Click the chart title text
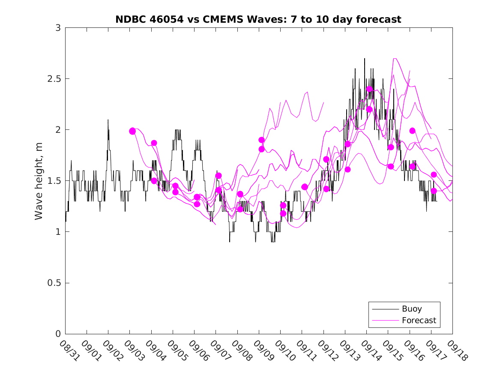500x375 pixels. (258, 19)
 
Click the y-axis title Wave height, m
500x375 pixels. (39, 180)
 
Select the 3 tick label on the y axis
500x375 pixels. (58, 28)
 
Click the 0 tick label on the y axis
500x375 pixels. (58, 334)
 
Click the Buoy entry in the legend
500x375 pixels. (412, 309)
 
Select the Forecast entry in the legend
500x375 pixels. (419, 320)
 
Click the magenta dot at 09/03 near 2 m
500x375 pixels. (132, 131)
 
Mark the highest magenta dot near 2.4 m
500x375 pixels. (369, 89)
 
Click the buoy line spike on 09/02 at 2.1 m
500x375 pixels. (108, 120)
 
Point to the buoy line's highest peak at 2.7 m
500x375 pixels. (365, 59)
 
